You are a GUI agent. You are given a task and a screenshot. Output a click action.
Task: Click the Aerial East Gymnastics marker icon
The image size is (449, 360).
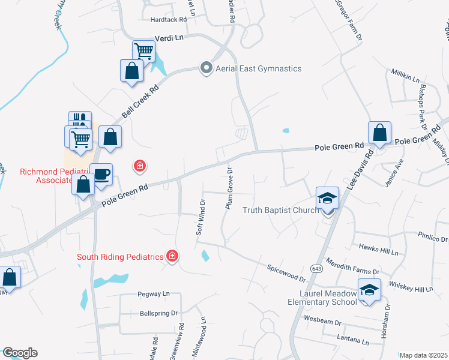[x=206, y=68]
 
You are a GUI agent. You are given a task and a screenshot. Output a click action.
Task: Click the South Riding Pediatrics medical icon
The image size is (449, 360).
[x=172, y=257]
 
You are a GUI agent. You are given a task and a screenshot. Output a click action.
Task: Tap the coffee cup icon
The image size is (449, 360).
[x=101, y=174]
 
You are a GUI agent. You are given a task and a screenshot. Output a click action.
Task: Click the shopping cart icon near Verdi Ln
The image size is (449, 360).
[x=143, y=51]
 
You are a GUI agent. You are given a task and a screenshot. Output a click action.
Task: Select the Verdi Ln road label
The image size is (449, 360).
[x=169, y=37]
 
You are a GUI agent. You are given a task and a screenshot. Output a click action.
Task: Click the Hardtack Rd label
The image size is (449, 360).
[x=169, y=20]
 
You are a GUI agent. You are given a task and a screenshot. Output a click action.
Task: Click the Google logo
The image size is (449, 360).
[x=19, y=353]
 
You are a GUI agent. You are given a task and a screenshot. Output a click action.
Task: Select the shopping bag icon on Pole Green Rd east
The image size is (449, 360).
[x=379, y=133]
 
